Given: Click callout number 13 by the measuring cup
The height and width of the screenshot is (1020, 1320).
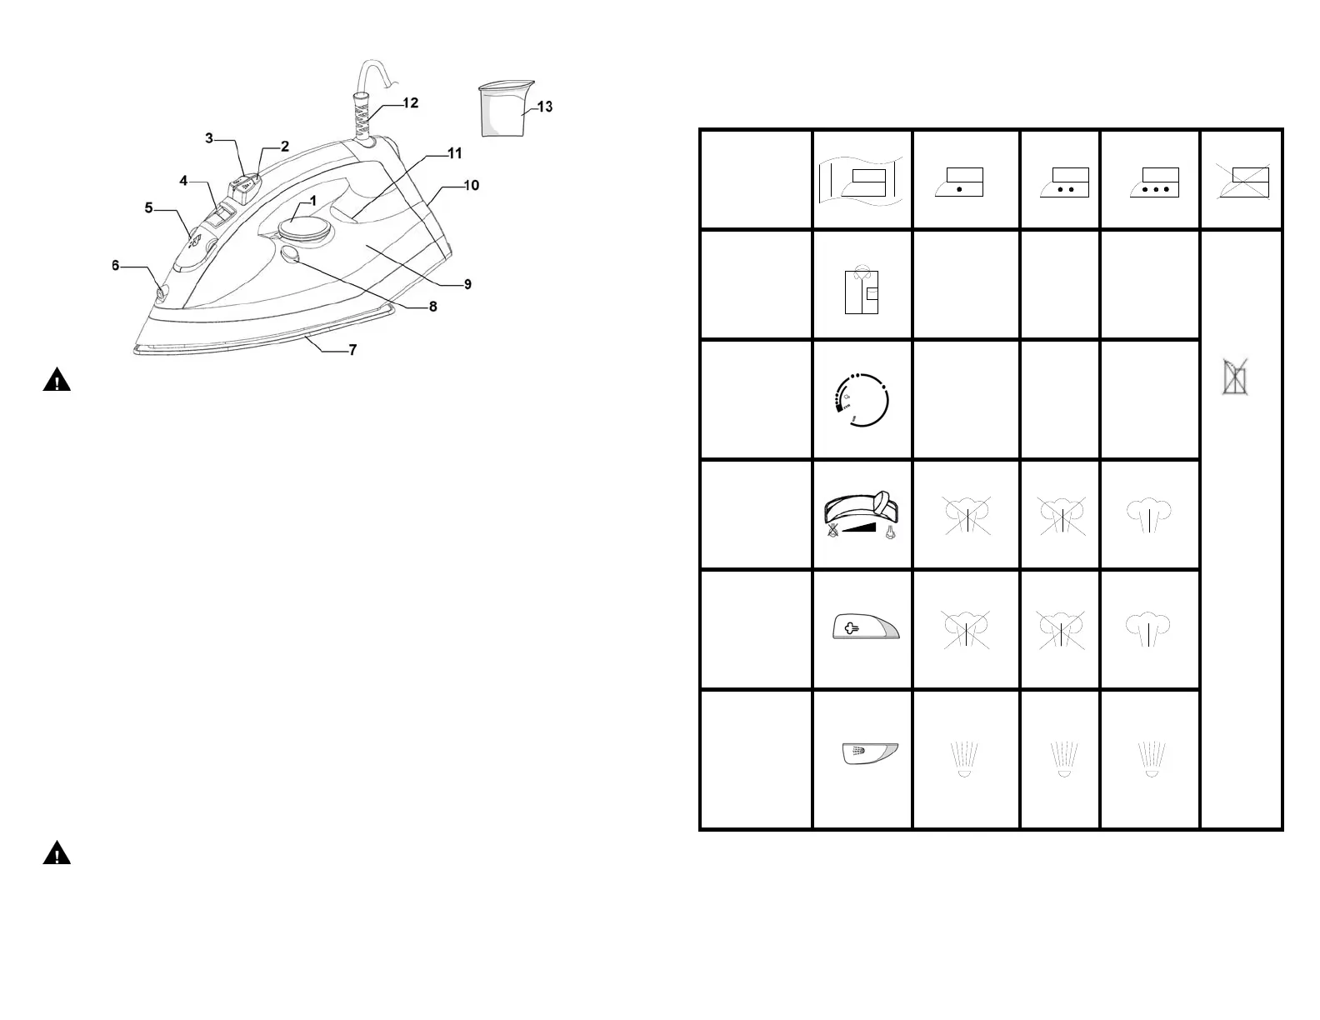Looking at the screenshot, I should coord(544,107).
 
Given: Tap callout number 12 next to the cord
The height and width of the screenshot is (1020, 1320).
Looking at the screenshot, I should coord(410,103).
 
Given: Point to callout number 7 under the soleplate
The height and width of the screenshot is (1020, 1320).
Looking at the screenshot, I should coord(352,350).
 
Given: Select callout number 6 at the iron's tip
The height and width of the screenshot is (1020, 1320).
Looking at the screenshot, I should coord(116,266).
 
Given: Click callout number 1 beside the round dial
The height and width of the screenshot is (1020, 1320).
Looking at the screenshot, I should coord(312,201).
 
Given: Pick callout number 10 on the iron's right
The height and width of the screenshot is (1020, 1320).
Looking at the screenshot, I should coord(471,185).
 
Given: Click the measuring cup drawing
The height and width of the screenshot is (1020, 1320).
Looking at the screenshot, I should coord(505,107).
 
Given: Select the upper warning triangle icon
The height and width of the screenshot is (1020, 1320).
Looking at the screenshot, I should coord(57,381).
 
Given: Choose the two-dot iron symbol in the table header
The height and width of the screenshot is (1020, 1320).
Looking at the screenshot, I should coord(1064,182).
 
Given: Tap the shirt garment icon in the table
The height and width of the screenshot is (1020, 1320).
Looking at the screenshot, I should coord(862,290).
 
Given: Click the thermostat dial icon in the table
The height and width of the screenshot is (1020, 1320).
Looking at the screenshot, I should coord(862,400).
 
